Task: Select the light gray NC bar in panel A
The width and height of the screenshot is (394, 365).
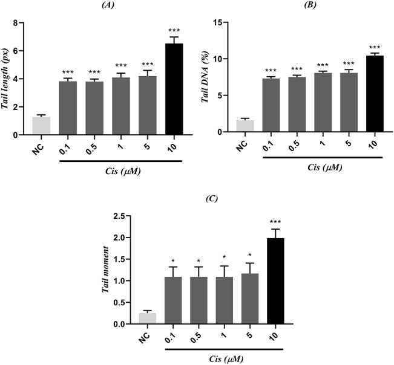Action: coord(41,126)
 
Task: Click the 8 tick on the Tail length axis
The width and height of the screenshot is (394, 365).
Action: coord(21,23)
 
